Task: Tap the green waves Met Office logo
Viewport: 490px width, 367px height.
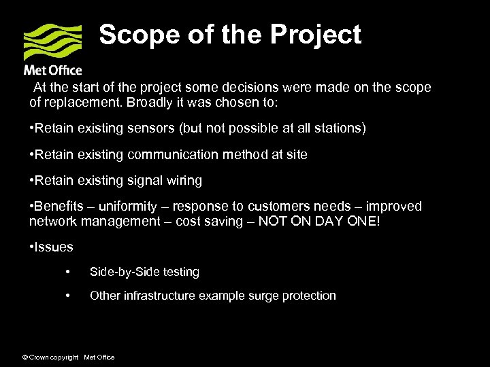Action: click(x=52, y=42)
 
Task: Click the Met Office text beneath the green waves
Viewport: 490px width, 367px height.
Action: click(x=52, y=70)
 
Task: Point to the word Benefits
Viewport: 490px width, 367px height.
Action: click(x=59, y=206)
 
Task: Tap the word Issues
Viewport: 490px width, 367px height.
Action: click(x=54, y=247)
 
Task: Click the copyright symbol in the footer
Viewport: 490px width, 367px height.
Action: click(x=25, y=357)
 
